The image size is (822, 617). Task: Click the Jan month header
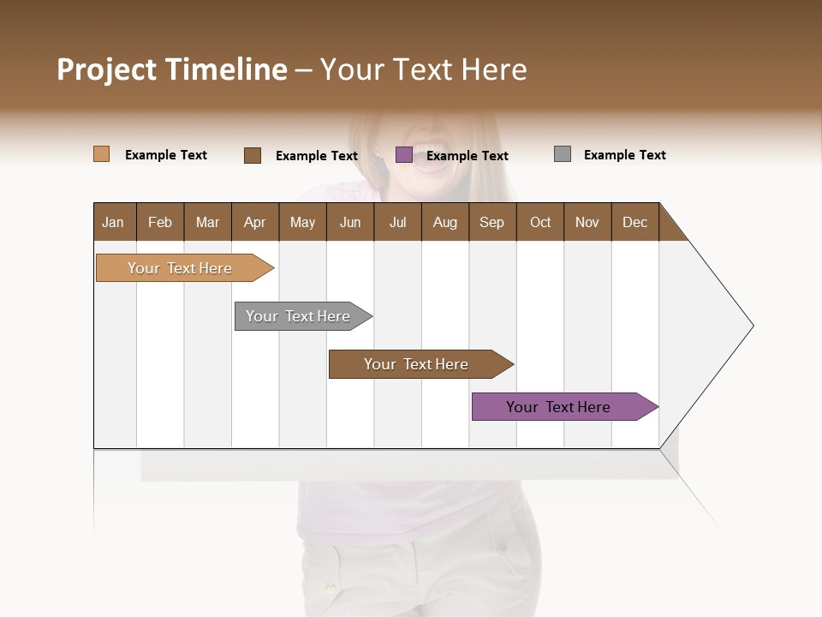(x=114, y=222)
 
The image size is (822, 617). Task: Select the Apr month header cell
(x=255, y=222)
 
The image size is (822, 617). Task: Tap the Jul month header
(x=397, y=222)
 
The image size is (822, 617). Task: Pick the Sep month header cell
(x=492, y=222)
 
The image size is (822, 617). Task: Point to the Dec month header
(x=634, y=222)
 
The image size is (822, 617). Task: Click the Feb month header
(x=160, y=222)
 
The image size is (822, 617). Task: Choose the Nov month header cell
(x=587, y=222)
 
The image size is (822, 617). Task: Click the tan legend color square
(x=101, y=154)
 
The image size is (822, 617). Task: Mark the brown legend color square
(x=252, y=155)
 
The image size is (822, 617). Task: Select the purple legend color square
(x=403, y=155)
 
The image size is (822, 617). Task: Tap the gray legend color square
(x=562, y=154)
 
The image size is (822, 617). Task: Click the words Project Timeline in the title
(x=171, y=69)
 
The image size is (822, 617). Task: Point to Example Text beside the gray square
(x=624, y=155)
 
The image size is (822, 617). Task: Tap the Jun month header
(x=350, y=222)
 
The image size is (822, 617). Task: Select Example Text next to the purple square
(x=467, y=156)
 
